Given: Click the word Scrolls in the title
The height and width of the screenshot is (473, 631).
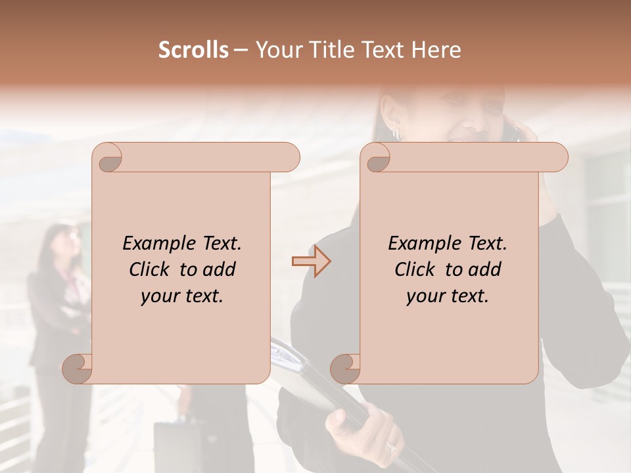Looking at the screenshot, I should [193, 50].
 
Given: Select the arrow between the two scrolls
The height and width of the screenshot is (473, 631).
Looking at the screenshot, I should [312, 261].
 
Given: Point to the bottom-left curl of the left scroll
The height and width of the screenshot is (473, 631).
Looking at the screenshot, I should [78, 369].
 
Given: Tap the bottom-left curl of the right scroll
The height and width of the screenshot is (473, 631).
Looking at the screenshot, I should [346, 369].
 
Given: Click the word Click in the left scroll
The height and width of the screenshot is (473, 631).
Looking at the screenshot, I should [151, 269].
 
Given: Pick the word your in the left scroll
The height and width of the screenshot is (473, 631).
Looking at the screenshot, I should [156, 296].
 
